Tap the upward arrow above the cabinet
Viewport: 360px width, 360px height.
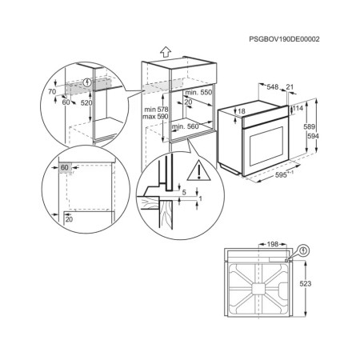point(164,50)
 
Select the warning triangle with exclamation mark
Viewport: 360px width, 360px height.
point(196,170)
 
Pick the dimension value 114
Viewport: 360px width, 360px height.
point(298,108)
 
